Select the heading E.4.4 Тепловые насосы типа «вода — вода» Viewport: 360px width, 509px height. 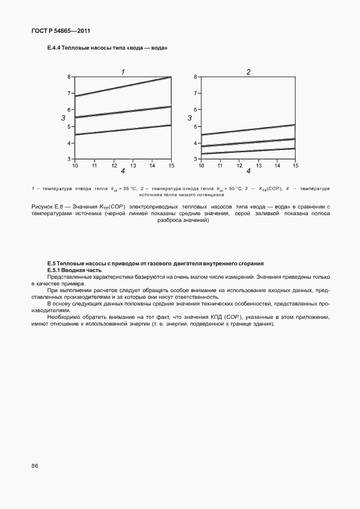coord(108,49)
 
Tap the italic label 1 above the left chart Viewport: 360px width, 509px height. coord(123,71)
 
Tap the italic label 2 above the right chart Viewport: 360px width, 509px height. coord(249,71)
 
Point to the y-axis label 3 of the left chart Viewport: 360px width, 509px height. coord(64,118)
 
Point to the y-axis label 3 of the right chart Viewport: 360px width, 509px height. coord(189,118)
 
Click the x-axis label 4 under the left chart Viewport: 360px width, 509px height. coord(123,171)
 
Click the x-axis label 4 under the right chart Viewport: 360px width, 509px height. coord(249,171)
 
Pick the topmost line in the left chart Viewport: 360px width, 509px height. coord(123,86)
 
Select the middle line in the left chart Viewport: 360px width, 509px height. coord(123,112)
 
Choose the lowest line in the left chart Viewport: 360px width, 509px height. coord(123,130)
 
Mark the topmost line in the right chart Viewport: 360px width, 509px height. coord(249,129)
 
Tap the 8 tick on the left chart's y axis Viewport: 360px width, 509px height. coord(70,77)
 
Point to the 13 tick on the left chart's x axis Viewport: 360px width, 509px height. coord(133,165)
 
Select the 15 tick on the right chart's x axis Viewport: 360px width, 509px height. coord(295,165)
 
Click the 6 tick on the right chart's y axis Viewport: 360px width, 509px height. coord(196,110)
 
